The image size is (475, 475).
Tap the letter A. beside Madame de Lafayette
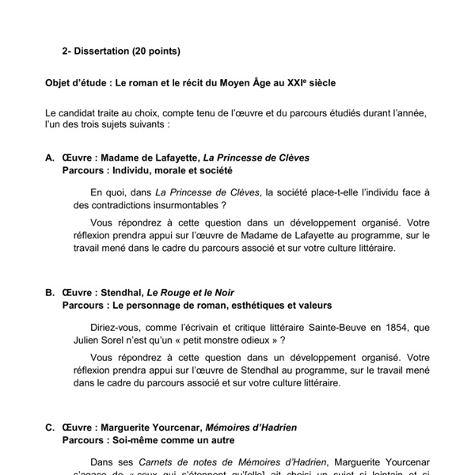click(x=50, y=158)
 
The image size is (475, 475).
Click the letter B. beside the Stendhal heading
click(x=50, y=292)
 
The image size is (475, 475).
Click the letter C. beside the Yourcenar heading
click(x=50, y=427)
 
